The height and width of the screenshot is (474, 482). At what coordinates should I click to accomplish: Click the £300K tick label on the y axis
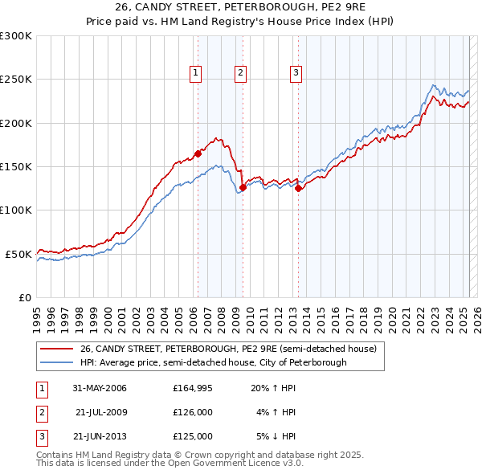tap(16, 36)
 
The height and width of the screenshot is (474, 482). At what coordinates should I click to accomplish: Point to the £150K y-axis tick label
tap(16, 166)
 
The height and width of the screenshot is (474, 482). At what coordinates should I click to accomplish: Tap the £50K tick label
tap(18, 254)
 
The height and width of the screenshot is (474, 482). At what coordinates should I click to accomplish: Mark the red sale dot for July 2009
tap(243, 187)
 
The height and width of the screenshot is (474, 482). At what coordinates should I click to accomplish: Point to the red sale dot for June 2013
tap(298, 189)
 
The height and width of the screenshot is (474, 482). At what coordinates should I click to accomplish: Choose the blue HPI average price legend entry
tap(213, 362)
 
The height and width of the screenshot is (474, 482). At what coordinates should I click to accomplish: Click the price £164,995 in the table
tap(193, 389)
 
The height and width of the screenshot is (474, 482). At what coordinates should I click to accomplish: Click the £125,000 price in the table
tap(193, 437)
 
